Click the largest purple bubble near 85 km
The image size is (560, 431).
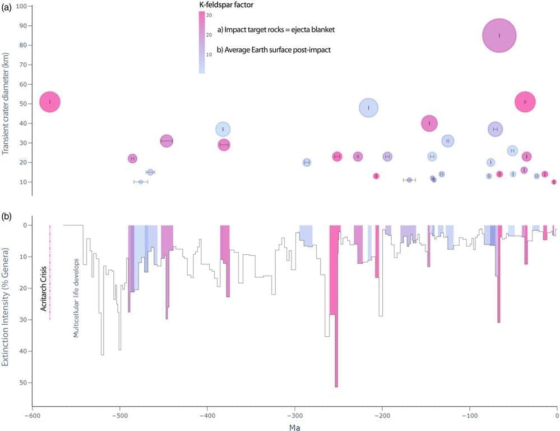499,35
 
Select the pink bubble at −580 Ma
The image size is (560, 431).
50,102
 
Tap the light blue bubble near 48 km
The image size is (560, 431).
368,108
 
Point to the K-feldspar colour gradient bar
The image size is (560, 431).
202,42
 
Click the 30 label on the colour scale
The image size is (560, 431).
209,15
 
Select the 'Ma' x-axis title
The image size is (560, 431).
295,427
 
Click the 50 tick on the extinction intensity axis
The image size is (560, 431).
22,383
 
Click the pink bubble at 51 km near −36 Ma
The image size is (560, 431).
525,102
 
